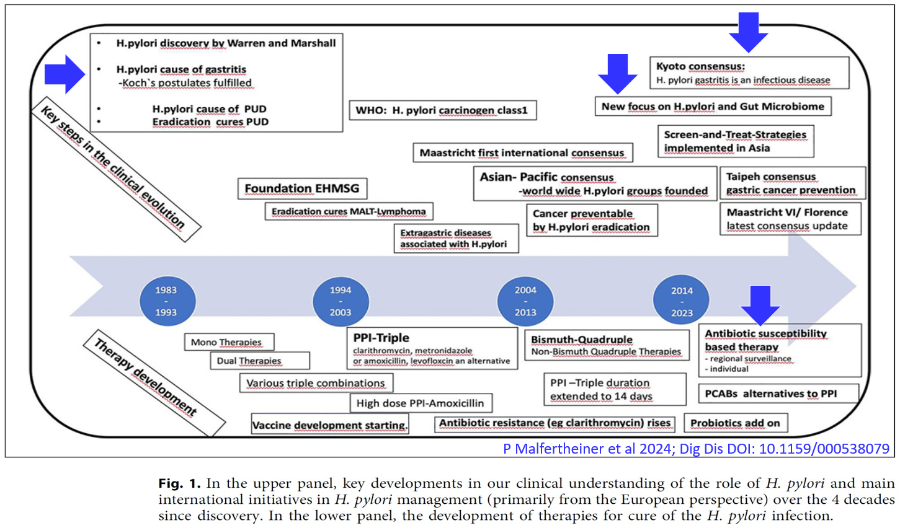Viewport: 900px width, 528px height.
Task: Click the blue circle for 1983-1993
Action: (x=166, y=301)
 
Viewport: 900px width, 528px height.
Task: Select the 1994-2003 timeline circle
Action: (x=341, y=301)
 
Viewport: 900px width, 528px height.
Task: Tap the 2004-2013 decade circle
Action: (x=525, y=301)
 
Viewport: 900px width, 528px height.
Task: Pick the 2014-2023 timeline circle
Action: (x=682, y=301)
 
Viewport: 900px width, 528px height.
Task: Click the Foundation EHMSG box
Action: (x=301, y=188)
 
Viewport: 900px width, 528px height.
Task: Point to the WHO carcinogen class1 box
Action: (x=442, y=110)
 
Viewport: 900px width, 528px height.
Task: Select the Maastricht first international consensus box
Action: (x=522, y=152)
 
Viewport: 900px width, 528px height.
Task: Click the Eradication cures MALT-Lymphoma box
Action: (x=349, y=211)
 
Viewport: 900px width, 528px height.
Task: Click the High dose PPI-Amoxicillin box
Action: (x=421, y=403)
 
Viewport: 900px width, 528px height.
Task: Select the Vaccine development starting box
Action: (x=330, y=425)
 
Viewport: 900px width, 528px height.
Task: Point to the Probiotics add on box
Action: (x=735, y=423)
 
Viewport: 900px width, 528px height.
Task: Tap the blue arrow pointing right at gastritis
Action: (x=65, y=74)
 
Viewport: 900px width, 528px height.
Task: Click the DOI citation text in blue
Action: (x=696, y=449)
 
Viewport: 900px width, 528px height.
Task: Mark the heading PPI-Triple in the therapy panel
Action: (x=381, y=338)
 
